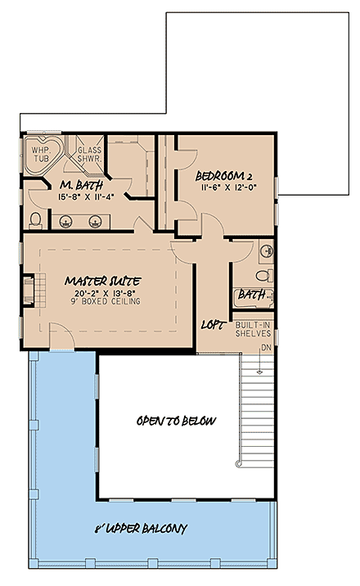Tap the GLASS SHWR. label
click(88, 156)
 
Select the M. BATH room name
click(79, 184)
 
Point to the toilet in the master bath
click(35, 217)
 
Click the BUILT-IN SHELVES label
click(253, 330)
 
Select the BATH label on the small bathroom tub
click(250, 295)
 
